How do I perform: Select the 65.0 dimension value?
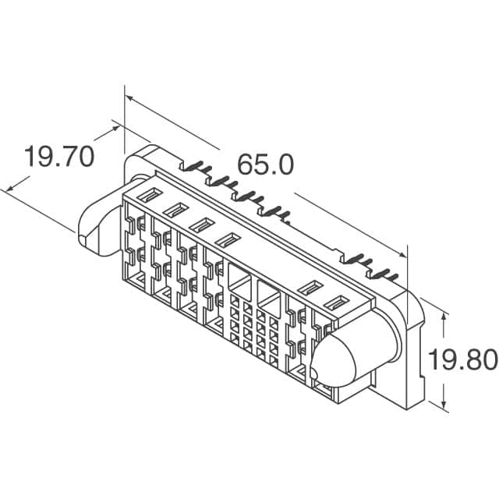(x=265, y=165)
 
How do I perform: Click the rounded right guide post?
(x=351, y=359)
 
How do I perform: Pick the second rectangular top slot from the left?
(x=175, y=209)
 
